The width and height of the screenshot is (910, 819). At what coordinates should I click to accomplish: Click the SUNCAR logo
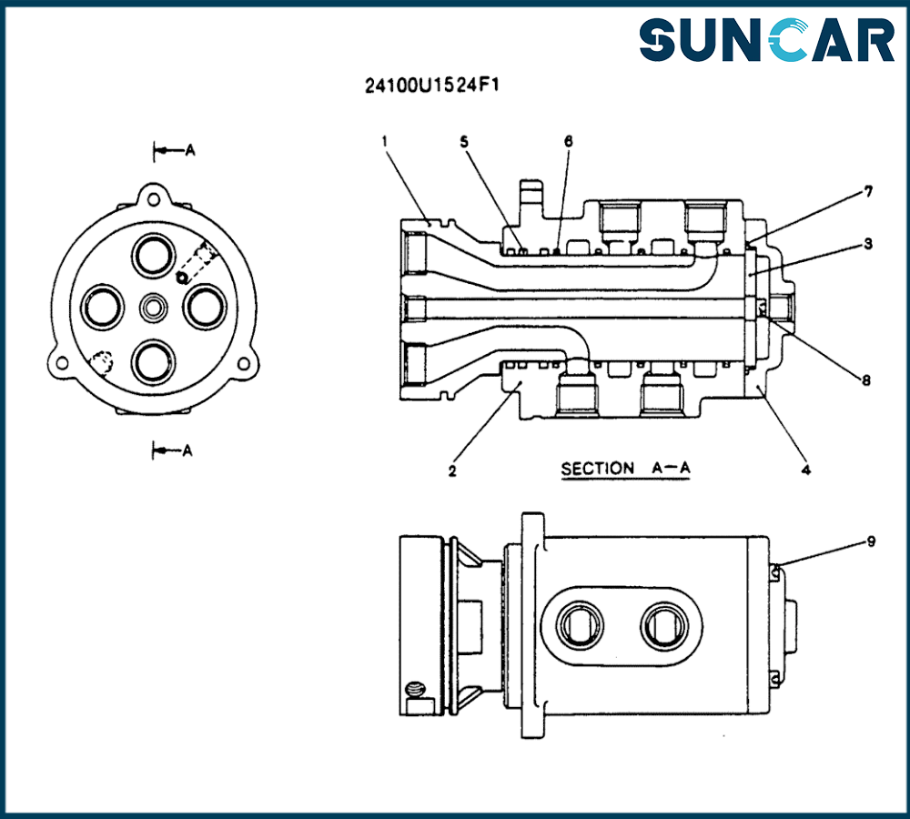coord(766,41)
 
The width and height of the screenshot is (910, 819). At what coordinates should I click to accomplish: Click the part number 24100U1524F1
coord(435,86)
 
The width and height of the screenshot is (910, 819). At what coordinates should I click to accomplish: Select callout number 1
coord(386,141)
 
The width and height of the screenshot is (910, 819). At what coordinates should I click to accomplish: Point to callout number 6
coord(569,142)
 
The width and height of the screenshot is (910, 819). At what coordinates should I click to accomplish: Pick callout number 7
coord(869,191)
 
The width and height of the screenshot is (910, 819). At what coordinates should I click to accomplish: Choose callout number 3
coord(869,244)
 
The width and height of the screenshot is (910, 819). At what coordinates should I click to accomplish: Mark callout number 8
coord(866,380)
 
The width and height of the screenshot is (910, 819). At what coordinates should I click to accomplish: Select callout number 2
coord(452,470)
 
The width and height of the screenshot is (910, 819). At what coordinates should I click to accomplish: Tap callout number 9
coord(871,541)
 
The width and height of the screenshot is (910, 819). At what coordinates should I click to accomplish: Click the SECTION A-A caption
coord(626,469)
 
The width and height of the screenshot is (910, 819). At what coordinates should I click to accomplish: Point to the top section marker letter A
coord(189,151)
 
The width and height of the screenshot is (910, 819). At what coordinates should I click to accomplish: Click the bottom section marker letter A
coord(187,450)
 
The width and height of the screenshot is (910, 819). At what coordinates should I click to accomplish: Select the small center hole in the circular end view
coord(151,309)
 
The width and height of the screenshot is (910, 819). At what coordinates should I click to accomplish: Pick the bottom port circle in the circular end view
coord(152,362)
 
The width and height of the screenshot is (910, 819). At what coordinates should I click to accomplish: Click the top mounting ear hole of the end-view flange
coord(152,197)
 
